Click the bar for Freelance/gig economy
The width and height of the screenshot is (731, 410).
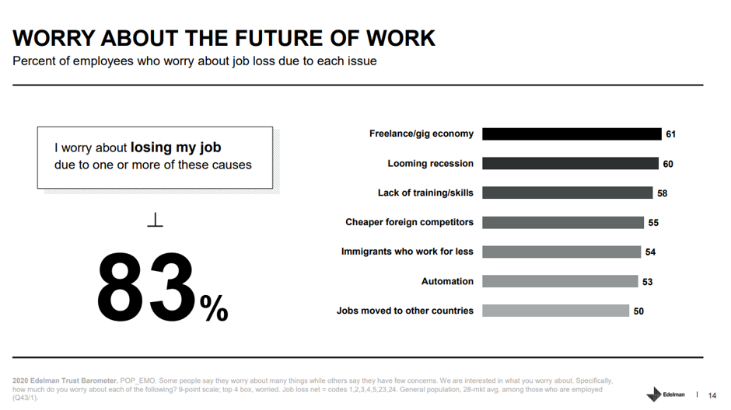tap(572, 134)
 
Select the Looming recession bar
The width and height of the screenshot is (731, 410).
tap(570, 163)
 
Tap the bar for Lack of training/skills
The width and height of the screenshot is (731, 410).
tap(568, 193)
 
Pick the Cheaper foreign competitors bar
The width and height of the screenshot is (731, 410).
tap(563, 222)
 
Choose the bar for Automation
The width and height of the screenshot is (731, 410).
tap(560, 281)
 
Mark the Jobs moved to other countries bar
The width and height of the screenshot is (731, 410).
tap(555, 311)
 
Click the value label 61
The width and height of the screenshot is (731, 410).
tap(670, 134)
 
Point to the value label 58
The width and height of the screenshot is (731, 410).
tap(662, 193)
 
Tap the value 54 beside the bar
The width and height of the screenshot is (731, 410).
tap(650, 252)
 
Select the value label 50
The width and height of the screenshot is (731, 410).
tap(638, 311)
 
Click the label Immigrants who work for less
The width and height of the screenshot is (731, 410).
tap(407, 252)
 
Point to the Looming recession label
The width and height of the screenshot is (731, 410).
tap(430, 163)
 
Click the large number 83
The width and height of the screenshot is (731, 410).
tap(146, 288)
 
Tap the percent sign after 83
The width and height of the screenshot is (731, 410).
tap(214, 308)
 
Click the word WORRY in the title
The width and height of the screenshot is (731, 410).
tap(54, 38)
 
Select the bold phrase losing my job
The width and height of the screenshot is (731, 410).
tap(176, 148)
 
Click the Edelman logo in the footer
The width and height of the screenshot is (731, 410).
tap(666, 394)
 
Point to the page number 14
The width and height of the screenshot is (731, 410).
tap(712, 394)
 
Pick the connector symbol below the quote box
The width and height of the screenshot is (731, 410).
tap(155, 222)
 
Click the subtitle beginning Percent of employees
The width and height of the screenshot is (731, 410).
tap(194, 61)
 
